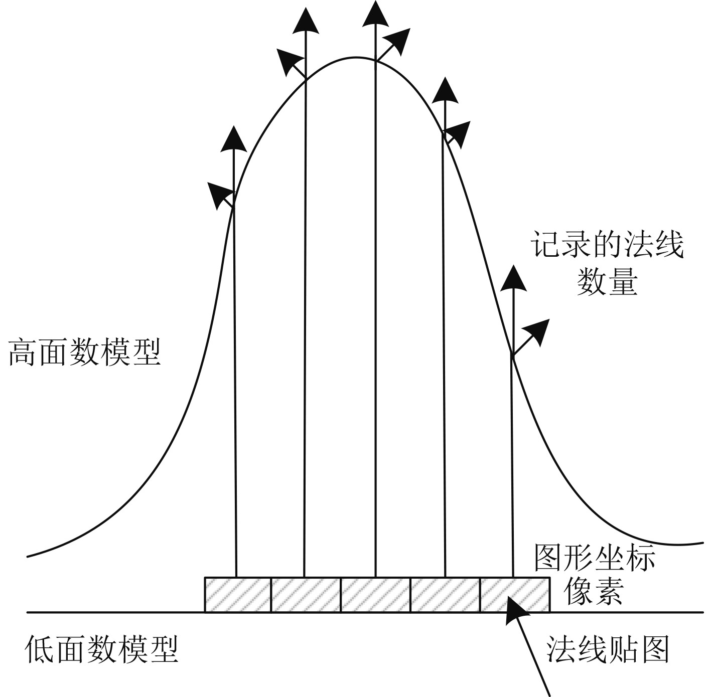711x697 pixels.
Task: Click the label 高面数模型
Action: [x=85, y=352]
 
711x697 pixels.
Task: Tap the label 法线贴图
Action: [x=608, y=650]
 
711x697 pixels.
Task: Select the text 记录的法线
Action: [x=607, y=244]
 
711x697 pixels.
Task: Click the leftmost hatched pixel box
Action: [x=238, y=595]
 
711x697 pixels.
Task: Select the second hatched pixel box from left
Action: [x=306, y=595]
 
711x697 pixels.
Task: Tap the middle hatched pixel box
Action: [x=376, y=595]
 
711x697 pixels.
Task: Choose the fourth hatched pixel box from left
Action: [x=446, y=595]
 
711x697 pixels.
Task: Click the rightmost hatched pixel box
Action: [x=515, y=595]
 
